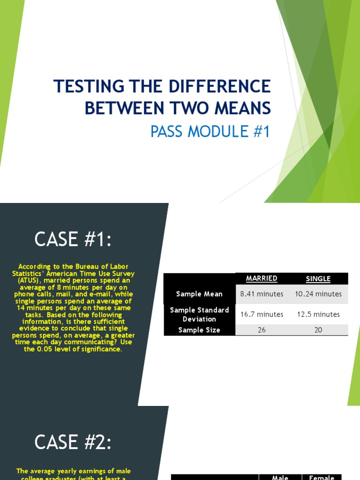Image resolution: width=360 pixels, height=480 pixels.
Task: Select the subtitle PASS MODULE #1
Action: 210,132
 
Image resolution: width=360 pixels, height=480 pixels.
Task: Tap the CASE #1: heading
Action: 74,240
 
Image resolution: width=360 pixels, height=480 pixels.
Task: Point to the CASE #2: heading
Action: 73,442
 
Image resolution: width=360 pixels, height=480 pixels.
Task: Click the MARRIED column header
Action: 262,278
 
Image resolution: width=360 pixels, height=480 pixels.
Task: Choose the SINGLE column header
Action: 318,279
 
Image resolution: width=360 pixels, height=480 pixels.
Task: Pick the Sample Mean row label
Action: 199,294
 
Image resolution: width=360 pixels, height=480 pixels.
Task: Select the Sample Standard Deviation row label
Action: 199,314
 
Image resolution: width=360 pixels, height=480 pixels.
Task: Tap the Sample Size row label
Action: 199,330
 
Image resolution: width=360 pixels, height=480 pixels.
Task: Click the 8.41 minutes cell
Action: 262,294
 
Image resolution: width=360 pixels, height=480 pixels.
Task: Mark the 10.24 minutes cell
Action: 318,294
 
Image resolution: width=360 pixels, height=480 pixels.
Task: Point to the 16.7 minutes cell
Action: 262,314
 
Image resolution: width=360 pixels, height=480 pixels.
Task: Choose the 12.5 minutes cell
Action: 318,314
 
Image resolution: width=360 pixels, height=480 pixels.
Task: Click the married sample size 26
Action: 262,330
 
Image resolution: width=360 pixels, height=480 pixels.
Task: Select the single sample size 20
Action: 318,330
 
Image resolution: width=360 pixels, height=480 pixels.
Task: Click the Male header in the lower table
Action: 280,477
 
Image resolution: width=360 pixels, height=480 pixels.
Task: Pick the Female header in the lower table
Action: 322,477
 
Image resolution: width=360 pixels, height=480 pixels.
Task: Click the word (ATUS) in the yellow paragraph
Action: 29,280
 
